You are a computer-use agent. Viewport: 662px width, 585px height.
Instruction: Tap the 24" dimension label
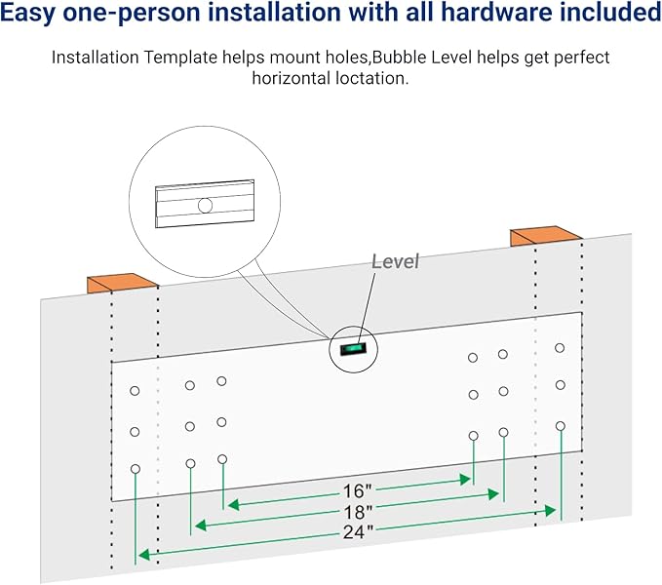click(357, 531)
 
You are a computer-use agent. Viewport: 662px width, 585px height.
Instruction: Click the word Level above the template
click(395, 261)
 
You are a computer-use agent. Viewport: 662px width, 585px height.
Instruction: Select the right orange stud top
click(546, 237)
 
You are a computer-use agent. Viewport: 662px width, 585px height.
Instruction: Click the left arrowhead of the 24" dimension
click(142, 555)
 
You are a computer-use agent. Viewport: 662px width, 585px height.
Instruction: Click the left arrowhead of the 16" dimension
click(230, 505)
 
